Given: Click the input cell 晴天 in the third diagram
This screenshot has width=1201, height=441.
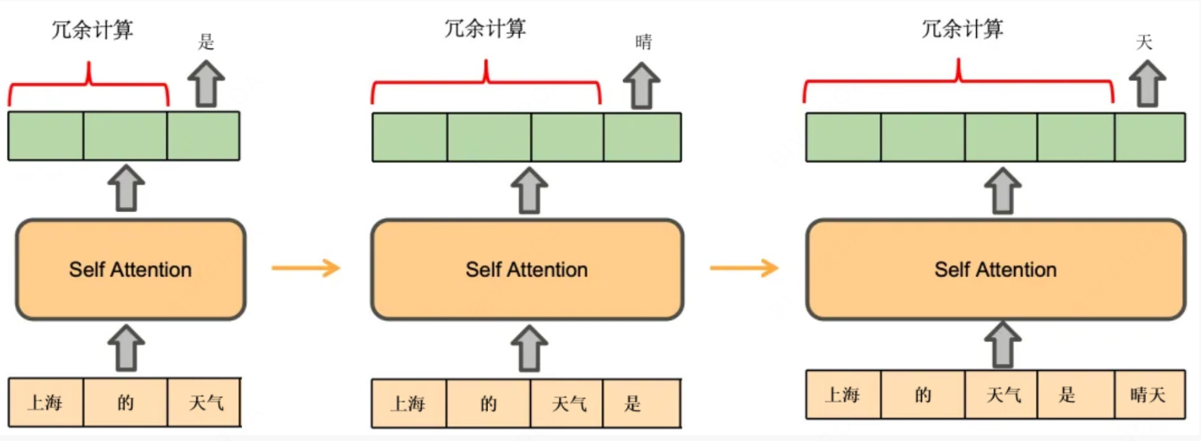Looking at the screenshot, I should (x=1148, y=394).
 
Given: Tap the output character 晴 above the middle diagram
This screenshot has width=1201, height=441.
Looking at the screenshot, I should (x=644, y=42).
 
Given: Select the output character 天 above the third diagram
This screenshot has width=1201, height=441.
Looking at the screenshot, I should (x=1144, y=42).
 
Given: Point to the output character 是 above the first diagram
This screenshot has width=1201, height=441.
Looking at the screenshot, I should (x=206, y=42).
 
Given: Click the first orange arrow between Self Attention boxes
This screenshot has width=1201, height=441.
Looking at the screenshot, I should (x=306, y=267).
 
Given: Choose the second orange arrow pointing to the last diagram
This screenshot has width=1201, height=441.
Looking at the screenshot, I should (x=744, y=267).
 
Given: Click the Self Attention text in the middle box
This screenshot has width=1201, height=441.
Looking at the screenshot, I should (x=527, y=270).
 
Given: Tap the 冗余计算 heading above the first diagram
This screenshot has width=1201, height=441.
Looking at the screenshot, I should (x=92, y=30).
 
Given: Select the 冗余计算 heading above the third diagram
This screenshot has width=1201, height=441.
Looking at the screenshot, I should (x=962, y=29).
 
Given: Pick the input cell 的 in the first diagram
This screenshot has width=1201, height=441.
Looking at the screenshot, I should (x=125, y=402).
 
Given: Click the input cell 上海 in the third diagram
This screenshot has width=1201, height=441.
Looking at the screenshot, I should (x=843, y=394).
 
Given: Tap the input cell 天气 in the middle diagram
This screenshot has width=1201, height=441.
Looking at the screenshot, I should (x=569, y=404).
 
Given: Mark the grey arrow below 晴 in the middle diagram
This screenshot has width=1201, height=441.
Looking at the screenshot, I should (x=642, y=85).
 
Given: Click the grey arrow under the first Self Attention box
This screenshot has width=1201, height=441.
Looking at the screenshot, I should (x=127, y=348).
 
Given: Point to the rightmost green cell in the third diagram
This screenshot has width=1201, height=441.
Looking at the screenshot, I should (x=1150, y=137).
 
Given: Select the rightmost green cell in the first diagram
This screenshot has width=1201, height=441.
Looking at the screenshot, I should (x=204, y=136).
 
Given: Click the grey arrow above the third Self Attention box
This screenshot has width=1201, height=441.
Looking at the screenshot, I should (x=1003, y=190).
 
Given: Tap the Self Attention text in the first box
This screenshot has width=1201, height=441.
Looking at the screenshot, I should (x=131, y=270).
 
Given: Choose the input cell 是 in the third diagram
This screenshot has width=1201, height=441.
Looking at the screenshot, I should (x=1067, y=394).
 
